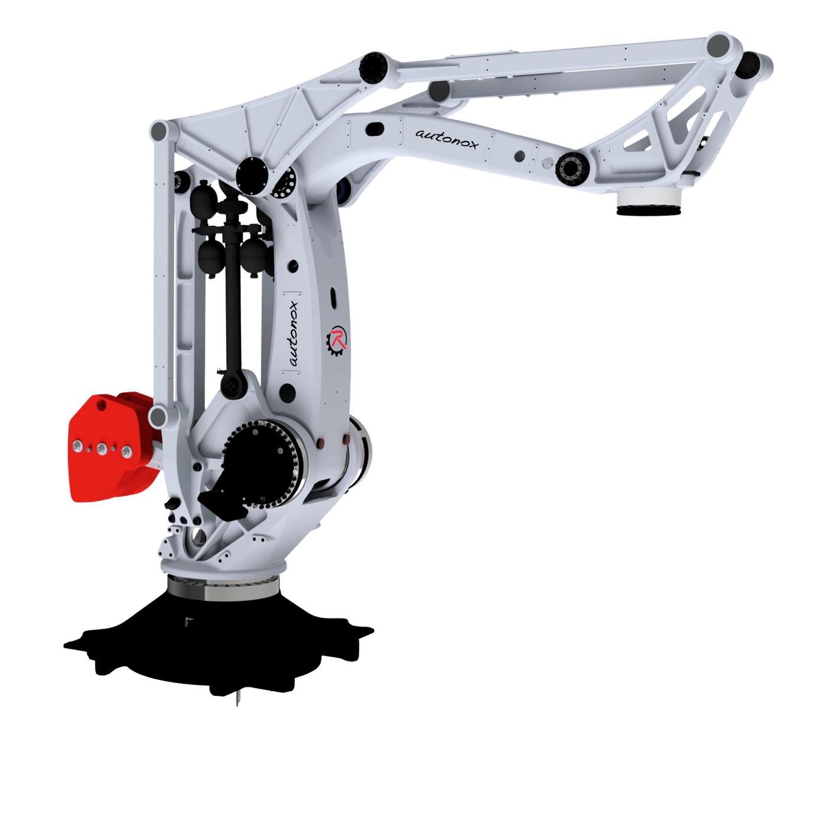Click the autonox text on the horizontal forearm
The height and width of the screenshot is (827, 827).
coord(447,139)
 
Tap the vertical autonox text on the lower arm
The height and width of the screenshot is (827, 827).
coord(294,333)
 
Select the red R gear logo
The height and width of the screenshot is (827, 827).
coord(337,341)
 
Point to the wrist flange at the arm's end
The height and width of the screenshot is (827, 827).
coord(649,202)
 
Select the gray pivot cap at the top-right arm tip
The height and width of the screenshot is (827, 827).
coord(718,45)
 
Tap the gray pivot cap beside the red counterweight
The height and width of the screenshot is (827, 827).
coord(158,416)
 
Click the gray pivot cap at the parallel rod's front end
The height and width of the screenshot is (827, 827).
coord(439,91)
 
